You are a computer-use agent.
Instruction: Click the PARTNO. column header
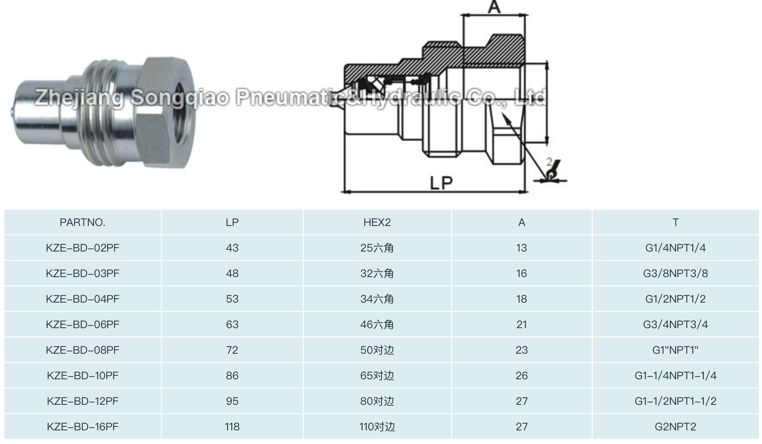coord(82,222)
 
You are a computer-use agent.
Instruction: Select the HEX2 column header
coord(377,222)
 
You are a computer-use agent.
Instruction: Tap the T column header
coord(675,222)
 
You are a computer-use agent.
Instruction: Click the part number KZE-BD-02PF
coord(82,248)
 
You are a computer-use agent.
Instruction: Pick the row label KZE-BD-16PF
coord(82,427)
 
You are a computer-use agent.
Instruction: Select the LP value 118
coord(232,427)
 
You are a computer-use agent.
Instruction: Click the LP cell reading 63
coord(232,325)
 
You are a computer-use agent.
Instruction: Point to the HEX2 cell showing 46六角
coord(377,325)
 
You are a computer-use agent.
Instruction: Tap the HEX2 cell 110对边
coord(377,427)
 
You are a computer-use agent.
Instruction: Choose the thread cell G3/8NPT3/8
coord(675,274)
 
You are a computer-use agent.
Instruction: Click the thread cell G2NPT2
coord(675,427)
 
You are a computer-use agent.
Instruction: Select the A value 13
coord(522,248)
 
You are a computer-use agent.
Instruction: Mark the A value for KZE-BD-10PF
coord(522,376)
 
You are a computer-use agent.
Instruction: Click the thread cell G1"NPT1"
coord(675,350)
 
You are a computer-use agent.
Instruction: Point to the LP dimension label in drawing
coord(441,183)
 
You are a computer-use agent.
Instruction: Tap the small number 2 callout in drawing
coord(549,162)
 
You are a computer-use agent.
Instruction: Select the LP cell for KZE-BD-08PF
coord(232,350)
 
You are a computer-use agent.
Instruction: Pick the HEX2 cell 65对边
coord(377,376)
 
